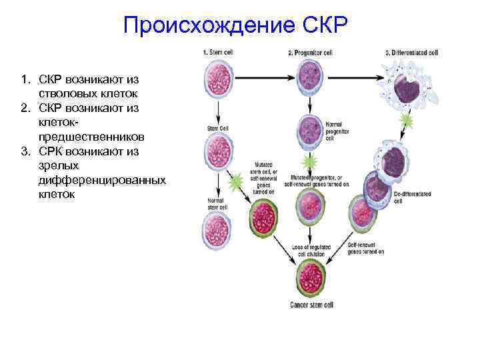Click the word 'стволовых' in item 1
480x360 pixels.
pos(67,93)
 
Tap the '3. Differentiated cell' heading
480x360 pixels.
pos(411,52)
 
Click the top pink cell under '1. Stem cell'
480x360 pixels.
pos(217,78)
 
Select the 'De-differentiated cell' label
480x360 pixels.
pos(413,197)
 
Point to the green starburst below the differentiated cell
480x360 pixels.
pos(405,121)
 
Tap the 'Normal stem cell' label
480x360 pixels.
pos(215,203)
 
